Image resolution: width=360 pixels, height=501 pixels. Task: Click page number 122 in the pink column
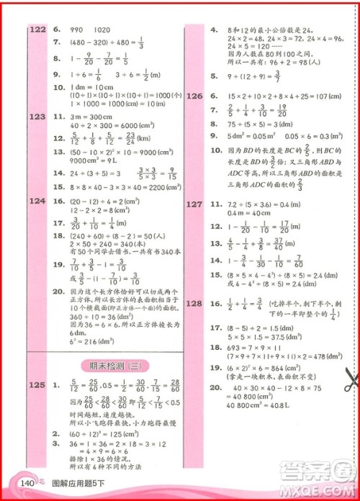pyautogui.click(x=36, y=30)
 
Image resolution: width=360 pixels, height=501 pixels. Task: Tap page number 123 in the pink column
pyautogui.click(x=36, y=116)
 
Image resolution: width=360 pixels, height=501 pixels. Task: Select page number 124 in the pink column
pyautogui.click(x=36, y=203)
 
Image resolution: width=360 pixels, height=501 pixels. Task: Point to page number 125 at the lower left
pyautogui.click(x=37, y=386)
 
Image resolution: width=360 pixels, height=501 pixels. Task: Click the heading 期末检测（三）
pyautogui.click(x=109, y=364)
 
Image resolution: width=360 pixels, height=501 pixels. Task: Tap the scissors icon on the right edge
pyautogui.click(x=351, y=377)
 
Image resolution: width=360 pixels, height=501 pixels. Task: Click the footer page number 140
pyautogui.click(x=28, y=483)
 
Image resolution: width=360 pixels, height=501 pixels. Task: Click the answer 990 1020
pyautogui.click(x=86, y=30)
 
